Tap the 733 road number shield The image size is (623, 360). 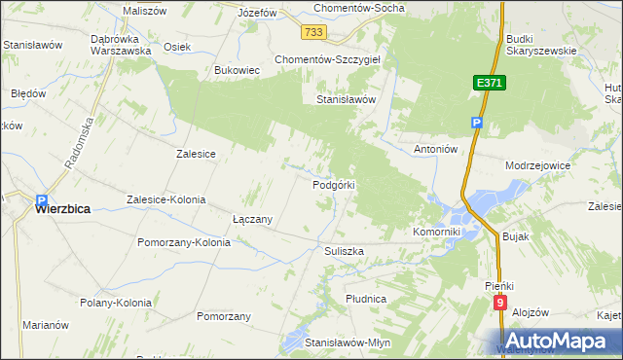tap(313, 32)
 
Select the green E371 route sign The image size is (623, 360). tap(490, 85)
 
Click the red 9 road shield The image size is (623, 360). tap(499, 303)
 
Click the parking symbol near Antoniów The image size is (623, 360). tap(476, 123)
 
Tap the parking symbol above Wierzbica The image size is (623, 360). tap(41, 194)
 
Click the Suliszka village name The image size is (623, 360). tap(344, 250)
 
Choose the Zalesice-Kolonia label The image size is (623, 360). tap(165, 199)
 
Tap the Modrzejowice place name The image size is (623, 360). tap(537, 166)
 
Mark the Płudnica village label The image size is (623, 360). tap(366, 297)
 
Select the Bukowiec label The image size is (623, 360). tap(236, 70)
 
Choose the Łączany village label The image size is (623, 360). tap(252, 219)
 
